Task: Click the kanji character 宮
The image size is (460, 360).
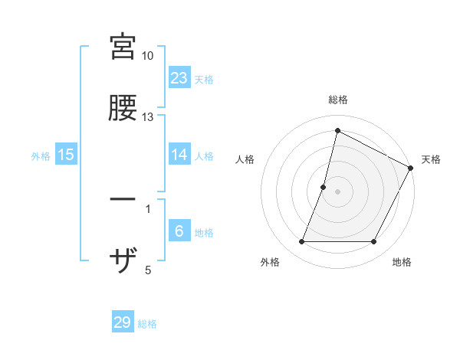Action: (x=123, y=46)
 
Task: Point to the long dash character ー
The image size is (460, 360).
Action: (x=123, y=200)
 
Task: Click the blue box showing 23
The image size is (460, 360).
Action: (x=179, y=77)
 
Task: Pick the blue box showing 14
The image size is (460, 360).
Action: (x=179, y=155)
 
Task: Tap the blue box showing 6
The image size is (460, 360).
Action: (x=179, y=232)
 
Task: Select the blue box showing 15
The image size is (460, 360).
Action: (x=66, y=155)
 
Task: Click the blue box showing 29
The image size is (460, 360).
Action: (x=123, y=322)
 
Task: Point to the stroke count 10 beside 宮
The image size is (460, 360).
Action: (x=148, y=56)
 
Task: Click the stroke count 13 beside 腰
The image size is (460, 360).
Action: (x=148, y=117)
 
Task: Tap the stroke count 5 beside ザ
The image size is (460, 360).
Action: (x=148, y=270)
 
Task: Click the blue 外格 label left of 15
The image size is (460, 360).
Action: (x=41, y=155)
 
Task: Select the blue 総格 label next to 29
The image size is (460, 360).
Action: (x=147, y=324)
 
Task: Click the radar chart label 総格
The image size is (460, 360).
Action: (x=337, y=100)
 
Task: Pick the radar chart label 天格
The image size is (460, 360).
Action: (x=431, y=159)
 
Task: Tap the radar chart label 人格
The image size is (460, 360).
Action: (x=245, y=159)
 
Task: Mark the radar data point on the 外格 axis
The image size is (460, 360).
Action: (x=301, y=242)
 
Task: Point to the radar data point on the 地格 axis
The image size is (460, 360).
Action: (x=374, y=242)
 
